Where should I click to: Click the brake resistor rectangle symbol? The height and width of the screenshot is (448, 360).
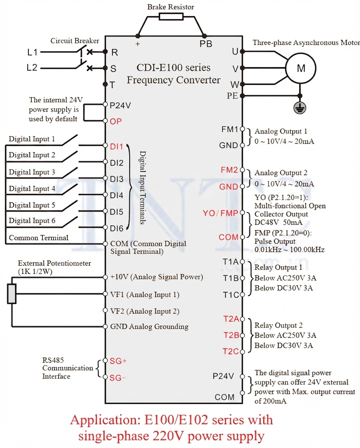[x=171, y=16]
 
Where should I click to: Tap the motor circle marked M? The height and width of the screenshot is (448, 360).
[x=301, y=68]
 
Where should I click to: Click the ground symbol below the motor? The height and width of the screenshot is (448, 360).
[x=300, y=108]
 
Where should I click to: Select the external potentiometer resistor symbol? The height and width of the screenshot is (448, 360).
[x=12, y=294]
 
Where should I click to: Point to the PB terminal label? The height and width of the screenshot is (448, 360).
[x=206, y=44]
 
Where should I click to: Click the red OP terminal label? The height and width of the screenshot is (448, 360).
[x=116, y=121]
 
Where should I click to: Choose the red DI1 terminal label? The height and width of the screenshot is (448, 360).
[x=116, y=147]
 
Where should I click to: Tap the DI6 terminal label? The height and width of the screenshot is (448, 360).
[x=117, y=228]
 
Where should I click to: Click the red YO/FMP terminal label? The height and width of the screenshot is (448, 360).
[x=220, y=213]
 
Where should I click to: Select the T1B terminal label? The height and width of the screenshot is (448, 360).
[x=230, y=278]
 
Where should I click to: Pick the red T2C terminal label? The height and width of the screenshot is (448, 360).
[x=231, y=352]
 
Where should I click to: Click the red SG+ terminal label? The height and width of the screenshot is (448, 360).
[x=118, y=361]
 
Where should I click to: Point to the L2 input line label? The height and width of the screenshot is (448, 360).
[x=32, y=68]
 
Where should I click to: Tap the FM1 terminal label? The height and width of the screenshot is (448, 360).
[x=230, y=129]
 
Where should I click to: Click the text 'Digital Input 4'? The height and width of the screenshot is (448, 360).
[x=32, y=189]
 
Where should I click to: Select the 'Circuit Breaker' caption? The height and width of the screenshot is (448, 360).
[x=75, y=40]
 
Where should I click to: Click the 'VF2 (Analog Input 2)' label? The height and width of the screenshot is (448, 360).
[x=145, y=311]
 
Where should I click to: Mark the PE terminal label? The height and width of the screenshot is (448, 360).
[x=232, y=96]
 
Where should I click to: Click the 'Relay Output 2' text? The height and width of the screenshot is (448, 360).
[x=279, y=325]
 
